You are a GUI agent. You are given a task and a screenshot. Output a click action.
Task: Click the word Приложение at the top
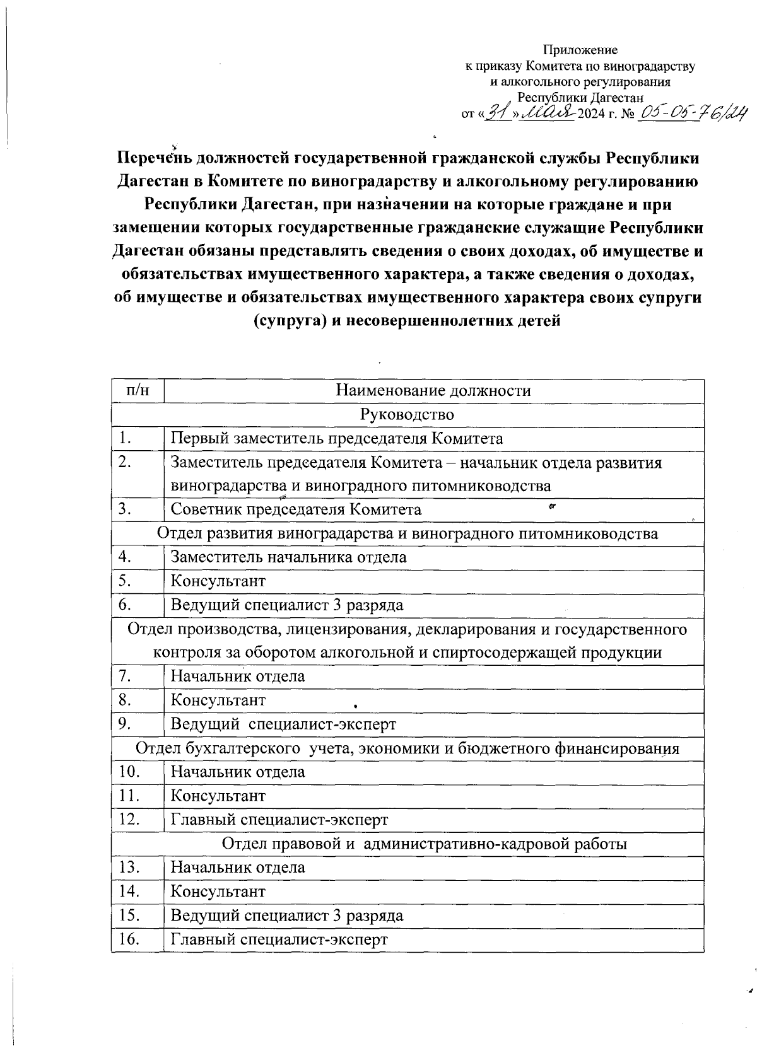point(580,50)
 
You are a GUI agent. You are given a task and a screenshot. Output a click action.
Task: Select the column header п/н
point(138,391)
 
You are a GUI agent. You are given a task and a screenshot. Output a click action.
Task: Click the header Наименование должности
point(433,391)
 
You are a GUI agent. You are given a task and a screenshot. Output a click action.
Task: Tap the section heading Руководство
point(407,415)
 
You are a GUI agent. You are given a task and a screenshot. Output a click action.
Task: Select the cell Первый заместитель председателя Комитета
point(337,439)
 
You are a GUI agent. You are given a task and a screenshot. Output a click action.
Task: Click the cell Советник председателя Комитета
point(296,509)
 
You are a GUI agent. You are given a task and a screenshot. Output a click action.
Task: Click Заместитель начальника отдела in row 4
point(288,557)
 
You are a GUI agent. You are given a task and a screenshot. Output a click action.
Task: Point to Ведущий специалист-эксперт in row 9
point(283,724)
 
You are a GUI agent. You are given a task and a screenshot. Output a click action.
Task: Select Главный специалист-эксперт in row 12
point(279,820)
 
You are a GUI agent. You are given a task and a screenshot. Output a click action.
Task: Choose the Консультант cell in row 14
point(218,892)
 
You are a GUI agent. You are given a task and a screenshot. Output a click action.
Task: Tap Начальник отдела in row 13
point(238,868)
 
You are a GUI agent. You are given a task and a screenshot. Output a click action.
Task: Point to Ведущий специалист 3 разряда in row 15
point(287,915)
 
